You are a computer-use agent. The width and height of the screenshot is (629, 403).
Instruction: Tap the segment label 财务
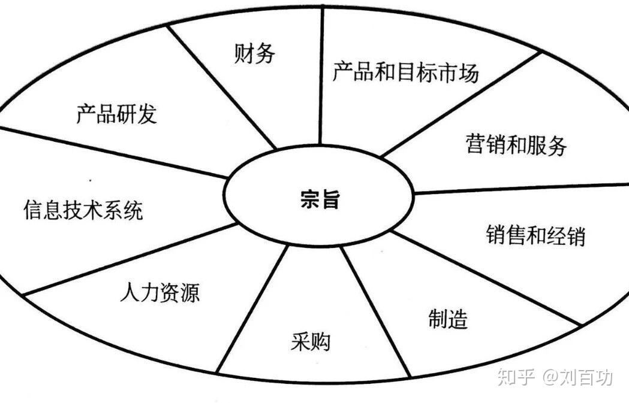(x=254, y=53)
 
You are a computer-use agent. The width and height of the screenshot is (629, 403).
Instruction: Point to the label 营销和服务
(x=516, y=145)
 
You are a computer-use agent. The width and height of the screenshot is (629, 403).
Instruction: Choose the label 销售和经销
(x=535, y=235)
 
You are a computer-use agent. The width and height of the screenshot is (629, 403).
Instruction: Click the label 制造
(x=448, y=319)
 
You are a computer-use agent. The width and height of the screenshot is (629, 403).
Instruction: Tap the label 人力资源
(x=159, y=293)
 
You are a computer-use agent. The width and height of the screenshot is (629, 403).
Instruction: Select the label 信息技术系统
(x=83, y=211)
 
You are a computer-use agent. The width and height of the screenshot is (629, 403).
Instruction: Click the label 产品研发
(x=116, y=113)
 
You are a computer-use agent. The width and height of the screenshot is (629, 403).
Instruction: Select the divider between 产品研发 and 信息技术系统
(x=114, y=152)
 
